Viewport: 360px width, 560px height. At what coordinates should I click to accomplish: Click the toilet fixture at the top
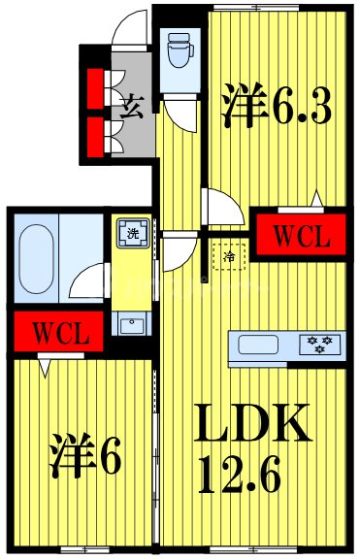178,51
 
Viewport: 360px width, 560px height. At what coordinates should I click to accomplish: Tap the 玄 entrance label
132,107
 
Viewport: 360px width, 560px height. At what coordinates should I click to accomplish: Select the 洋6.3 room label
278,107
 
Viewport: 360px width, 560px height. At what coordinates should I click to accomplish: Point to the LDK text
255,423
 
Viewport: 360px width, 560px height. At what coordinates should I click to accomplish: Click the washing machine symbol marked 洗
130,234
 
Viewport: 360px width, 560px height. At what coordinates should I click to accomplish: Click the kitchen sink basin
259,345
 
